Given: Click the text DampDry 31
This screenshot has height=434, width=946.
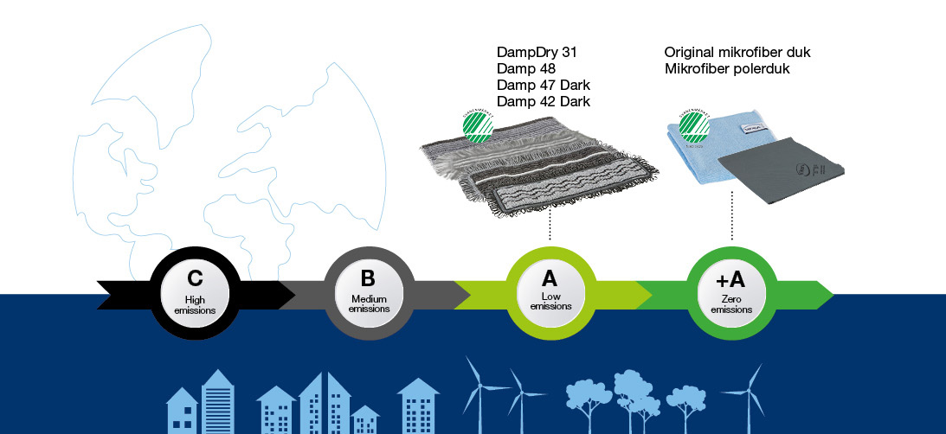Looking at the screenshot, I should (x=537, y=52).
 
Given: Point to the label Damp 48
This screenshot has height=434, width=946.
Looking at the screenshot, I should (x=526, y=68).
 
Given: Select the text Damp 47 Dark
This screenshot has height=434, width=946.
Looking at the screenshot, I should (x=544, y=85).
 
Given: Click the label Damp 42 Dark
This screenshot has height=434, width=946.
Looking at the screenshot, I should (x=544, y=101).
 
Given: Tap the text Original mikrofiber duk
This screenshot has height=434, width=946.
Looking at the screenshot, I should (x=737, y=52).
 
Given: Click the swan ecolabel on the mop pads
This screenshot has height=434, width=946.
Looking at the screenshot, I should (x=477, y=125).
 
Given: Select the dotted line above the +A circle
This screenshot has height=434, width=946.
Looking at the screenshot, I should (x=732, y=216).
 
